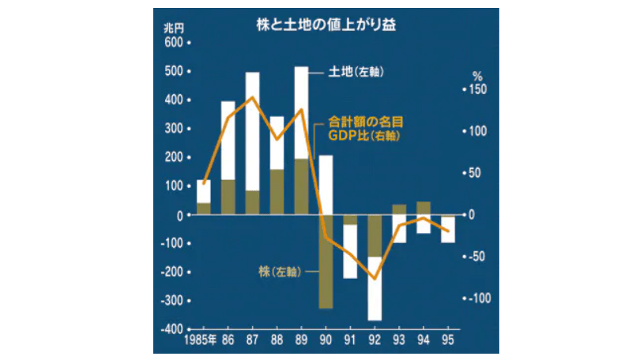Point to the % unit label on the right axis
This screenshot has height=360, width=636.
pyautogui.click(x=476, y=77)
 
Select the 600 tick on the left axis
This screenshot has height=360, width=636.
pyautogui.click(x=172, y=43)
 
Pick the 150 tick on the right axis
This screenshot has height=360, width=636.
pyautogui.click(x=476, y=90)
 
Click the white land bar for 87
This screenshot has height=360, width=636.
pyautogui.click(x=253, y=130)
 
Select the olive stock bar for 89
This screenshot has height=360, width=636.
pyautogui.click(x=301, y=186)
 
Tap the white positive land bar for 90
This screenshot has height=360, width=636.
pyautogui.click(x=326, y=185)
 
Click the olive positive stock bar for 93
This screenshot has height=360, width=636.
pyautogui.click(x=399, y=210)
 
